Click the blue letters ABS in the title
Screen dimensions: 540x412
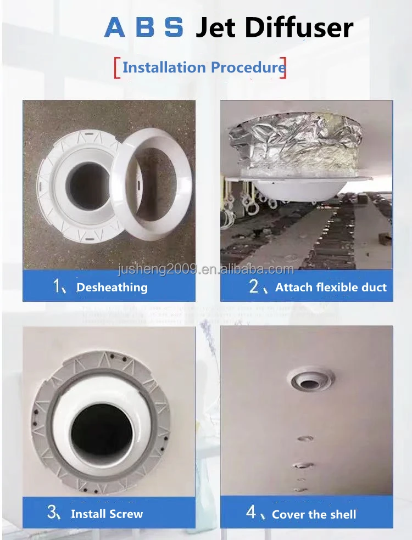[143, 27]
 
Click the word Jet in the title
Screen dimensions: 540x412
[219, 28]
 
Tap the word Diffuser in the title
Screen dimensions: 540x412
[299, 28]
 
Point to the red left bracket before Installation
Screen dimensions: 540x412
[116, 67]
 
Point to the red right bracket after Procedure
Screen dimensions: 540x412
[283, 67]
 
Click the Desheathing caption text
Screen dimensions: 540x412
[112, 287]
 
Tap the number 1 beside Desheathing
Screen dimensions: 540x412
[57, 286]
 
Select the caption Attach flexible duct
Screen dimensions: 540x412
[331, 287]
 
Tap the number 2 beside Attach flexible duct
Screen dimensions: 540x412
[253, 286]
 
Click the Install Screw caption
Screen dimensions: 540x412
[107, 514]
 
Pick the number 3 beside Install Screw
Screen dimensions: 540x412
[52, 513]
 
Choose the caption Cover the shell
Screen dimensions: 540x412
[314, 514]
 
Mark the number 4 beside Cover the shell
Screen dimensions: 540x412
[251, 513]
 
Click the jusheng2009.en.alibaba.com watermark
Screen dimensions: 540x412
[206, 269]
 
